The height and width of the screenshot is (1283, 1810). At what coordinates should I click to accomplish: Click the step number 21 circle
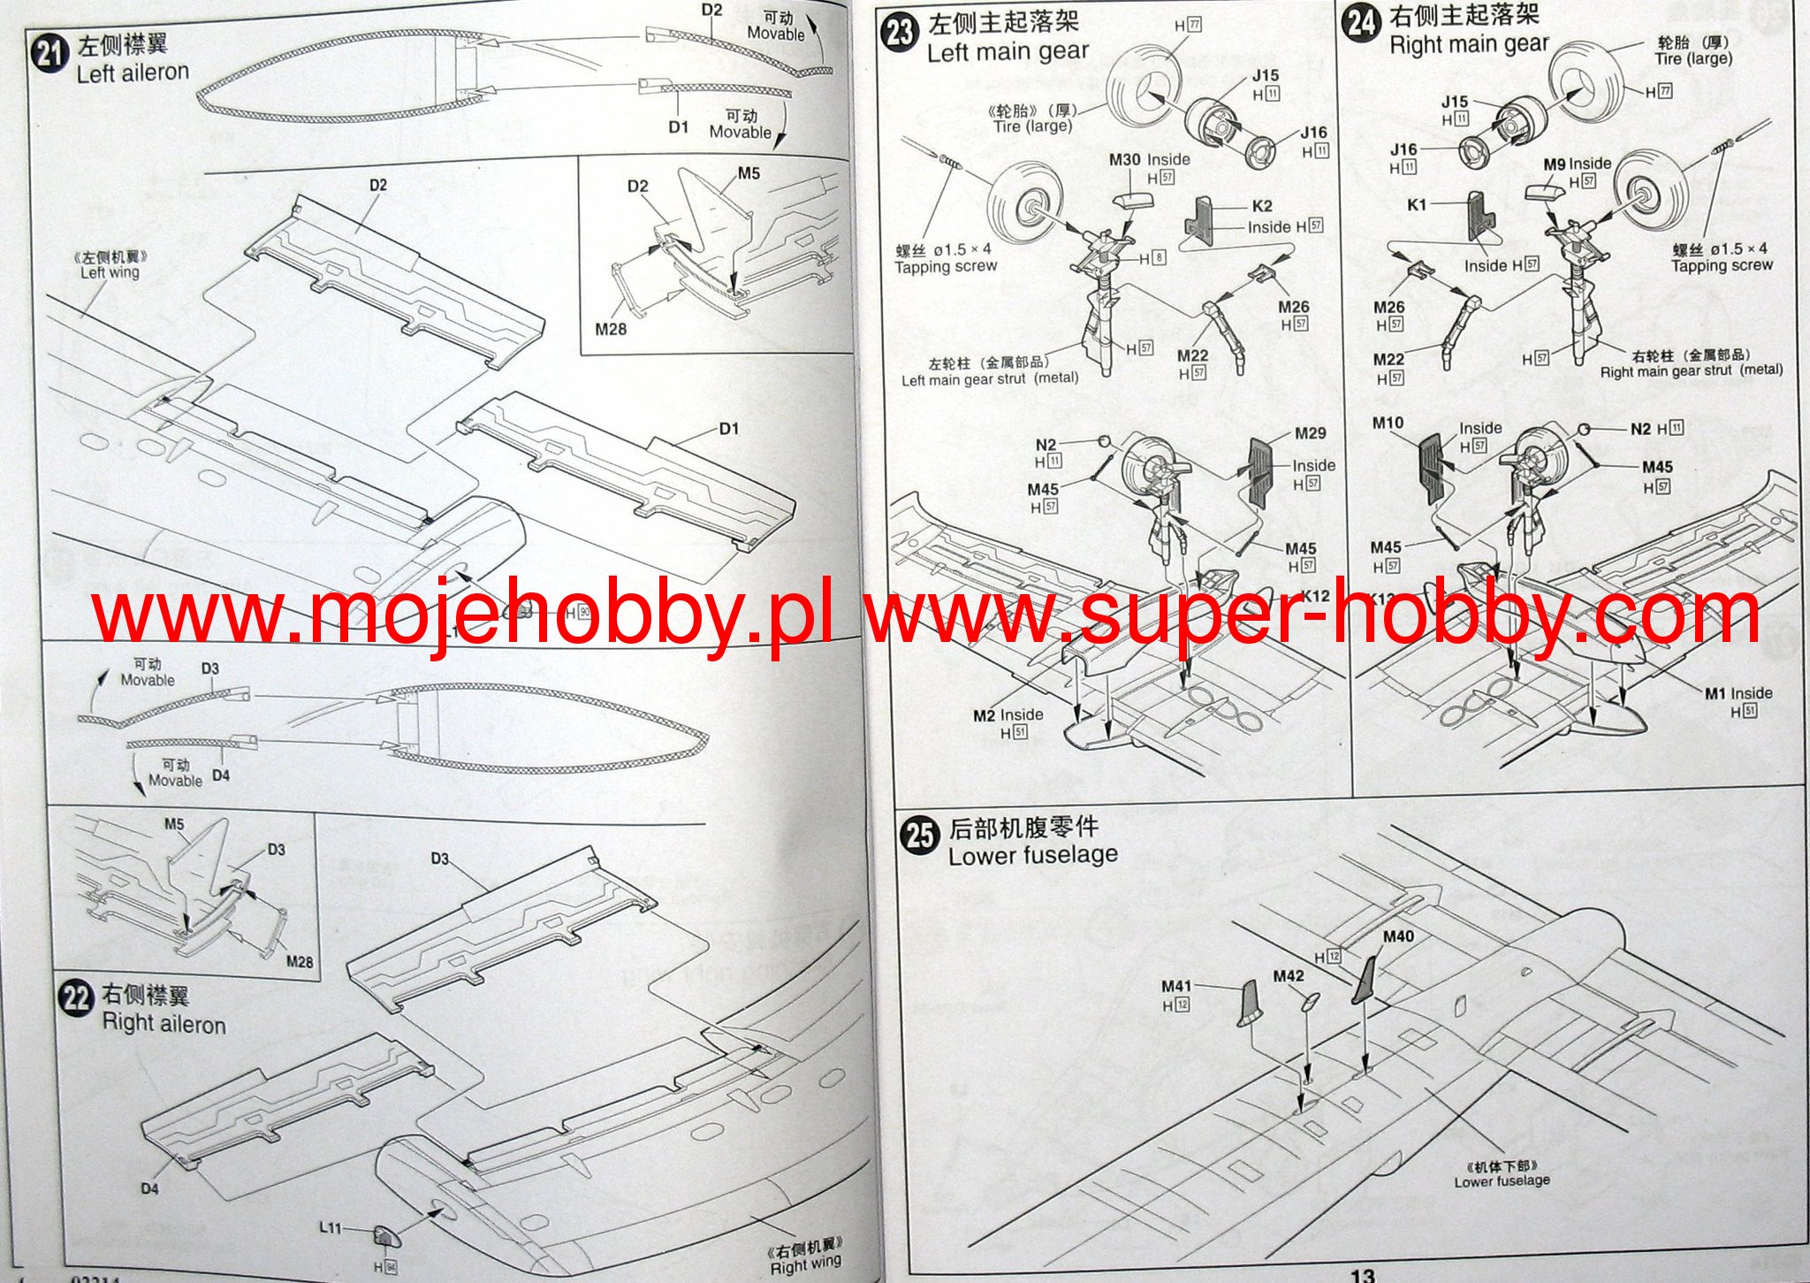pyautogui.click(x=49, y=54)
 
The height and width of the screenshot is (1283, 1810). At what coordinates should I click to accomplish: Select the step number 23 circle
pyautogui.click(x=900, y=33)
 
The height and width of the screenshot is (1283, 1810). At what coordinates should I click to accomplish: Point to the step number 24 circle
pyautogui.click(x=1362, y=22)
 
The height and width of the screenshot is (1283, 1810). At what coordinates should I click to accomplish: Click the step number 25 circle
pyautogui.click(x=920, y=835)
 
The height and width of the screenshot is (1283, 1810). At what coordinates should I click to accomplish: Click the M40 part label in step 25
pyautogui.click(x=1397, y=936)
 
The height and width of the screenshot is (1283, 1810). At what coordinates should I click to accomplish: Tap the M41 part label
pyautogui.click(x=1176, y=986)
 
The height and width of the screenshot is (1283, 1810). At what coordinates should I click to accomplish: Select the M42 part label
pyautogui.click(x=1288, y=976)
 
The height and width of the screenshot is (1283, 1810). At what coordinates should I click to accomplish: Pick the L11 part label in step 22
pyautogui.click(x=330, y=1228)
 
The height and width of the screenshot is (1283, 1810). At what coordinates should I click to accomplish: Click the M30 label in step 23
pyautogui.click(x=1124, y=160)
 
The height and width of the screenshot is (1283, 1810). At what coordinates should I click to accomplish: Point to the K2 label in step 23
pyautogui.click(x=1261, y=206)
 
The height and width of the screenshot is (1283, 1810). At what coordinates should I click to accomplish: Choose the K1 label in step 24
pyautogui.click(x=1417, y=205)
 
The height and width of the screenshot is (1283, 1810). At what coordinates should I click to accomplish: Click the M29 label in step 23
pyautogui.click(x=1310, y=433)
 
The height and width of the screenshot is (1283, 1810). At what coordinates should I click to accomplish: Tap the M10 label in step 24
pyautogui.click(x=1388, y=424)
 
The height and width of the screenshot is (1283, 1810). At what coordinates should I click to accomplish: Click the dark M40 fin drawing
pyautogui.click(x=1365, y=979)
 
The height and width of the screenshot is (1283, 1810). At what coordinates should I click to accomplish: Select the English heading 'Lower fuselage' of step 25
pyautogui.click(x=1032, y=856)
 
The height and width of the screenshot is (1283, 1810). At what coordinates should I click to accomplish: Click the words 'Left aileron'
pyautogui.click(x=133, y=73)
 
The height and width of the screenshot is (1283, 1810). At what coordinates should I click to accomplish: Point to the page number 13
pyautogui.click(x=1362, y=1274)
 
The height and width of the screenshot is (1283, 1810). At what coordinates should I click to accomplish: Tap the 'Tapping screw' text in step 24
pyautogui.click(x=1722, y=265)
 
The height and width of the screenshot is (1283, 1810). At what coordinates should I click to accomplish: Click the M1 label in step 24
pyautogui.click(x=1715, y=693)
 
